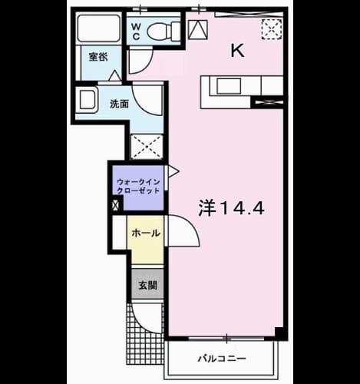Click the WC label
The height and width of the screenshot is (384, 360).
coord(137,31)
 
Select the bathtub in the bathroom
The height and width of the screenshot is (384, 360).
coord(99,28)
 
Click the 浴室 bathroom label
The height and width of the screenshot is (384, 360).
coord(98,57)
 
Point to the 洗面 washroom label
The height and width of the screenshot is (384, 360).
coord(119,104)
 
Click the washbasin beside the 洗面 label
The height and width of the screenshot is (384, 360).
coord(86,100)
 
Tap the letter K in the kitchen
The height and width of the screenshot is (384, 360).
coord(237,51)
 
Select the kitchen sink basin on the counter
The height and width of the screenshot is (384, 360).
coord(229,86)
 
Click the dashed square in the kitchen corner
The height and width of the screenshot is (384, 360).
coord(272,29)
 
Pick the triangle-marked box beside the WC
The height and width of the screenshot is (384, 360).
coord(198,29)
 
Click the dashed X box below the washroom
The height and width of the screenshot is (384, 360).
coord(147,147)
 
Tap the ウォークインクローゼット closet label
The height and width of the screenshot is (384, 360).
coord(138,187)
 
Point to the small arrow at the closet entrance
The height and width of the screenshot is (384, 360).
coord(173,171)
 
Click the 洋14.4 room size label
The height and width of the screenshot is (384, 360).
coord(231,208)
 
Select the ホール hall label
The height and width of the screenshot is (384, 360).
coord(146,233)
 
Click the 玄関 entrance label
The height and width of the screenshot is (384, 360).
coord(147,285)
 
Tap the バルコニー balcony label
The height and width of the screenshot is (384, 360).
coord(222,359)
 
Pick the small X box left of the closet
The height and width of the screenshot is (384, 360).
coord(116,205)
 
